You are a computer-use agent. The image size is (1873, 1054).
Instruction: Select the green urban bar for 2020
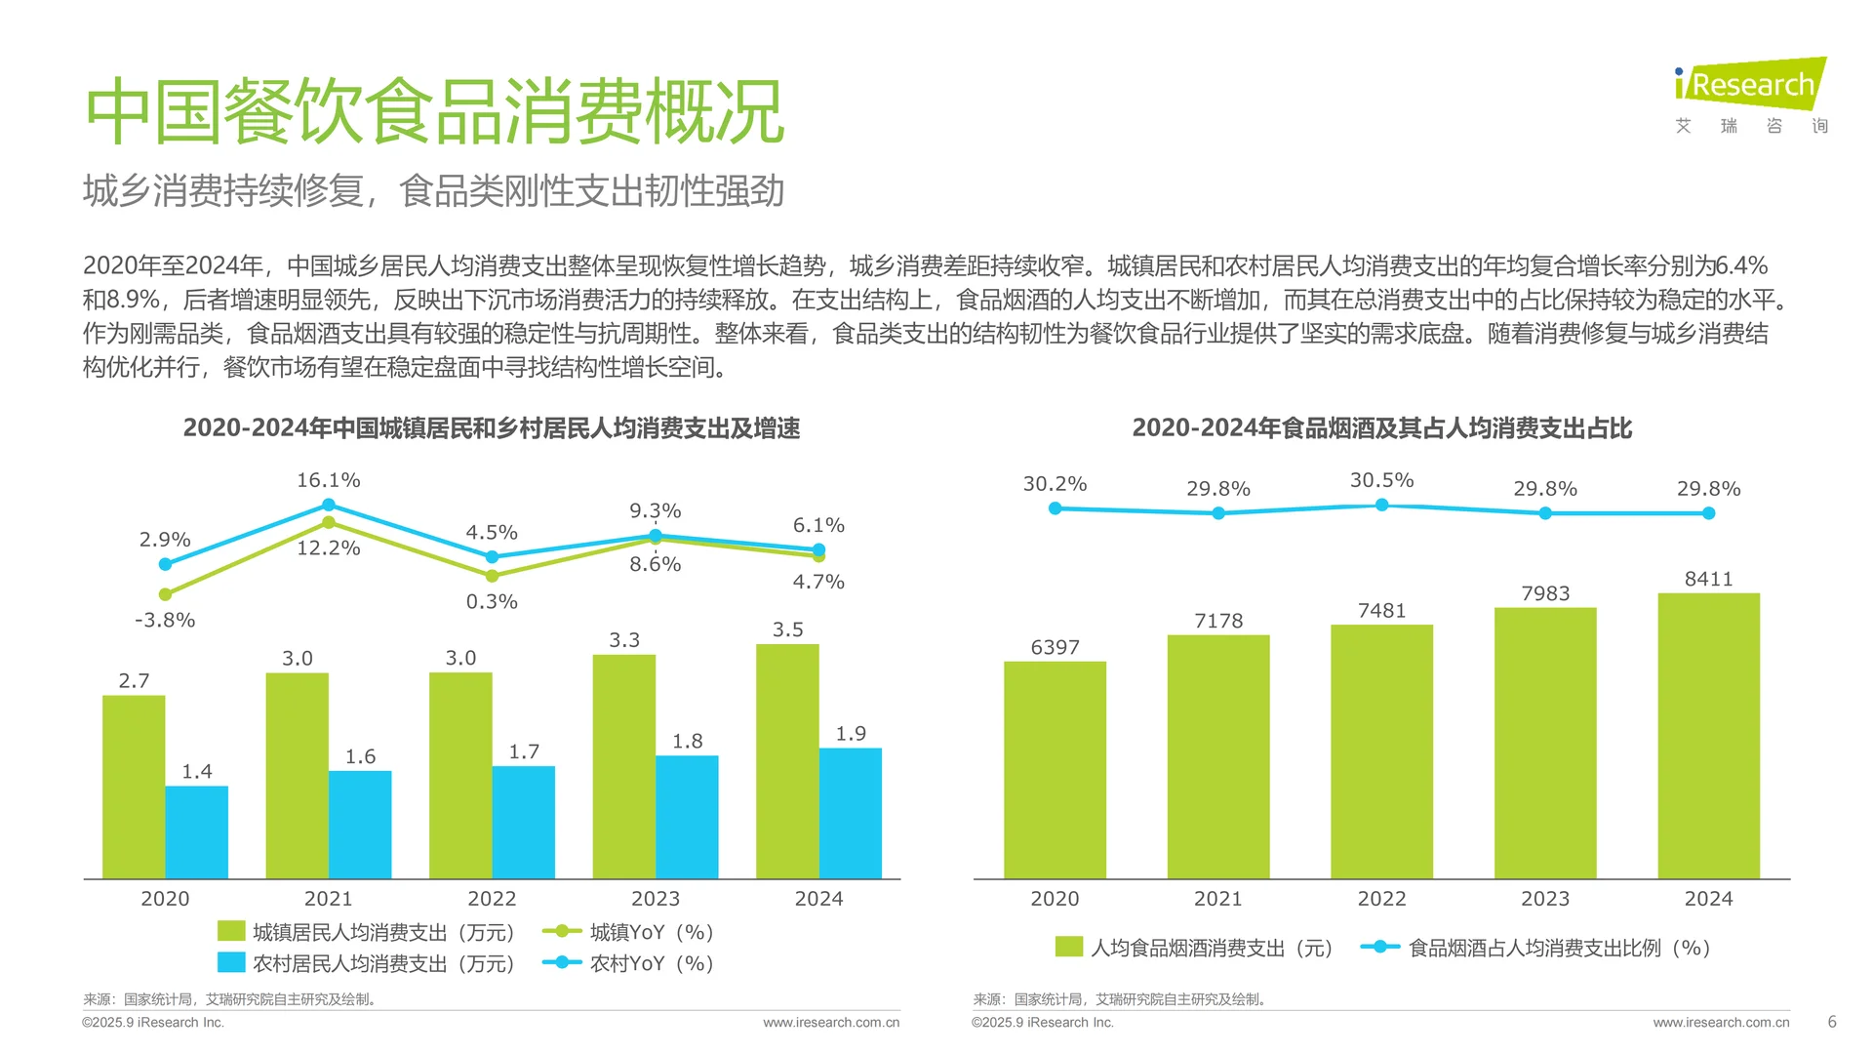pos(134,787)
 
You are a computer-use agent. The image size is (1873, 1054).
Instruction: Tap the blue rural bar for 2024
pos(850,813)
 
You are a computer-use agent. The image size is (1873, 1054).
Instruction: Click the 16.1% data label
pos(329,480)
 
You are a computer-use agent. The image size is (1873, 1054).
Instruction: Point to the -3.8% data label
pos(165,620)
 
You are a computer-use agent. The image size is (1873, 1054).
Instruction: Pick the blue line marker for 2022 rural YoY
pos(492,557)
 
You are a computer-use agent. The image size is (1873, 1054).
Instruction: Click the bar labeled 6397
pos(1055,770)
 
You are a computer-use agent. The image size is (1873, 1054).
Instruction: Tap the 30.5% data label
pos(1381,480)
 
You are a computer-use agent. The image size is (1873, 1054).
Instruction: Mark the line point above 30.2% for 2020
pos(1055,508)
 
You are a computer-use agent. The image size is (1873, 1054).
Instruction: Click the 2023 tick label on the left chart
pos(655,899)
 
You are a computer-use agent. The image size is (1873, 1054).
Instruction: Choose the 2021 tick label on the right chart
pos(1217,899)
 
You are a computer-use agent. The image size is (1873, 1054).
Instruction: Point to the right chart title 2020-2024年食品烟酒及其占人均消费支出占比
pos(1381,427)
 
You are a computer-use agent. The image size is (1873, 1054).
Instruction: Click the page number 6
pos(1832,1022)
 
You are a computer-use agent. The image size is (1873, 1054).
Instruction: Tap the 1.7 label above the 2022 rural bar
pos(524,751)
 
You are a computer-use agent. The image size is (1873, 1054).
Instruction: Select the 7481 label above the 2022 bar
pos(1381,611)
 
